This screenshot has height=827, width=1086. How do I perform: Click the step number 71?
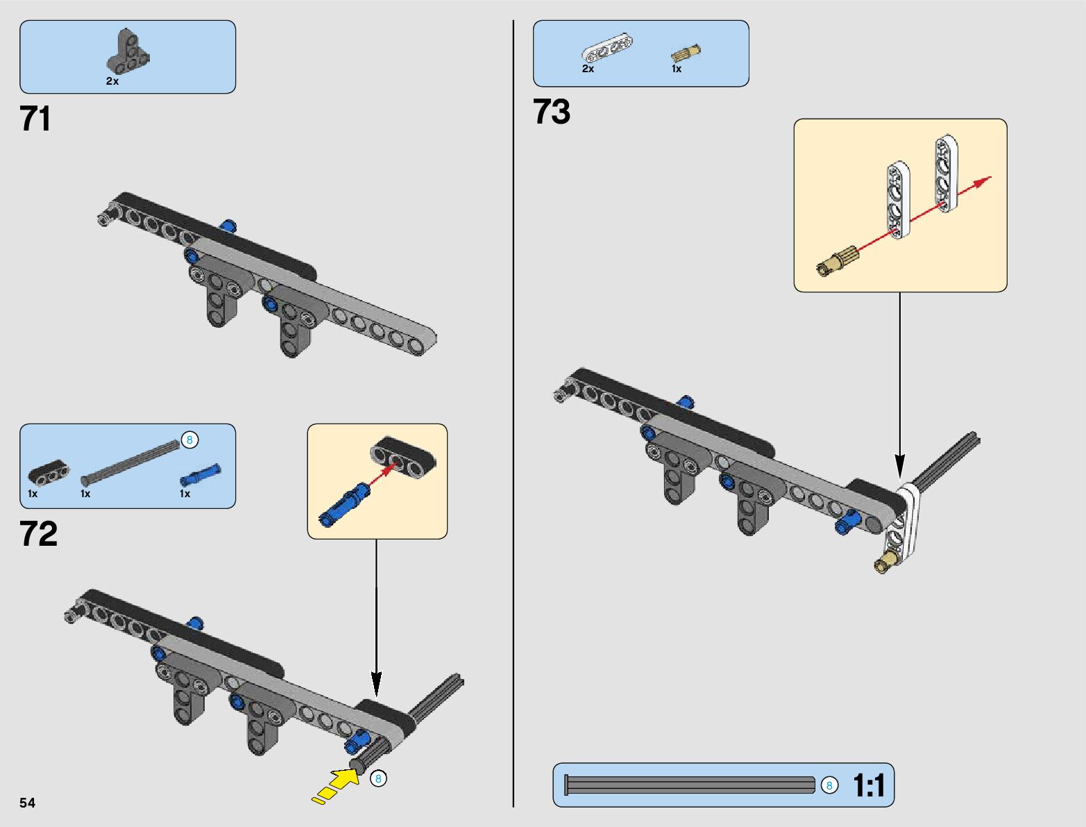[35, 119]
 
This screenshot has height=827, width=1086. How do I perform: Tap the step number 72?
[39, 533]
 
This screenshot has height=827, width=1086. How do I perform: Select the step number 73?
[552, 111]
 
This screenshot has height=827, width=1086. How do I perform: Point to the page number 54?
[27, 803]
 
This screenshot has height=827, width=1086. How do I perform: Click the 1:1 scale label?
[869, 785]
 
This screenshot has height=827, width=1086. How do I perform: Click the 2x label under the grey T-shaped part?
[112, 81]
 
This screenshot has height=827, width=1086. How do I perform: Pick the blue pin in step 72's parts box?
[201, 476]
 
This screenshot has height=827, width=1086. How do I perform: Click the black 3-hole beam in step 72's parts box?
[49, 472]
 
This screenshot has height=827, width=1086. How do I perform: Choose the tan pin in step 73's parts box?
[686, 53]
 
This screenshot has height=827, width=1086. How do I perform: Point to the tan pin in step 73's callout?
[837, 261]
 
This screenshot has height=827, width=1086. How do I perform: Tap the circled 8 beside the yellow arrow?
[378, 778]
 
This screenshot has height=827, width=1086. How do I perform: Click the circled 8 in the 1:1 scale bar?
[830, 785]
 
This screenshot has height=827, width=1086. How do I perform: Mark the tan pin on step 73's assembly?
[888, 562]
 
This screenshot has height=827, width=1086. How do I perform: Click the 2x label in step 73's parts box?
[588, 69]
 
